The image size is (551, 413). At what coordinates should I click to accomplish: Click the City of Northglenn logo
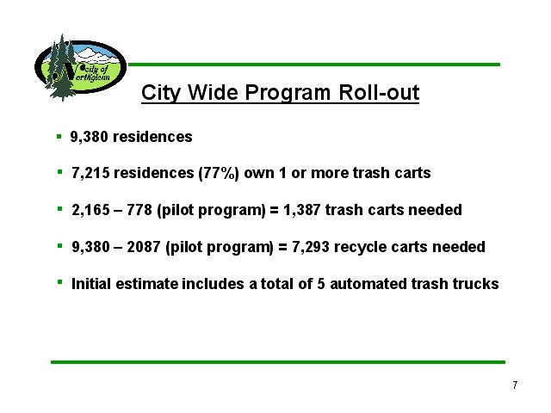pyautogui.click(x=80, y=67)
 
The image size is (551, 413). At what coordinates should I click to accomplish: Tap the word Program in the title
pyautogui.click(x=288, y=93)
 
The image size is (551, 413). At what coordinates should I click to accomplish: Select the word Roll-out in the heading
pyautogui.click(x=379, y=92)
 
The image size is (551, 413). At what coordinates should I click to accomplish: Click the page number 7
pyautogui.click(x=515, y=385)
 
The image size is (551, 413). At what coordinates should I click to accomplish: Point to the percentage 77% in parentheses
pyautogui.click(x=219, y=173)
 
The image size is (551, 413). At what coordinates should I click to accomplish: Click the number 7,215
pyautogui.click(x=90, y=173)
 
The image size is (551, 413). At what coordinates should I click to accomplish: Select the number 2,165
pyautogui.click(x=90, y=210)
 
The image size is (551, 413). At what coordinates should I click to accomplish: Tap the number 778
pyautogui.click(x=139, y=210)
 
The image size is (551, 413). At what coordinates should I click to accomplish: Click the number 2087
pyautogui.click(x=144, y=247)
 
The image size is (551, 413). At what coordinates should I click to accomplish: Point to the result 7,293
pyautogui.click(x=311, y=247)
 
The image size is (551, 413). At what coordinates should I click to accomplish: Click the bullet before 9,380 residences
pyautogui.click(x=59, y=136)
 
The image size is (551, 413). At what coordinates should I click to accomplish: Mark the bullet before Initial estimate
pyautogui.click(x=60, y=282)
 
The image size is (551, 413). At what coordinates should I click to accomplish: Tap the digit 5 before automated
pyautogui.click(x=321, y=284)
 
